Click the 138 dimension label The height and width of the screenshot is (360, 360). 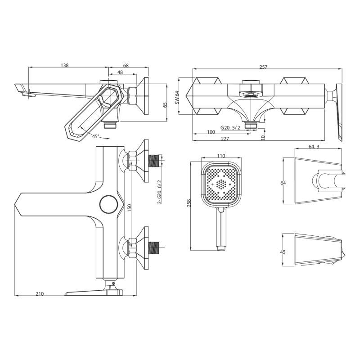coord(65,65)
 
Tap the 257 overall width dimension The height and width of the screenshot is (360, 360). coord(263,67)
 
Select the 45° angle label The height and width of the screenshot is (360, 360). coord(95,136)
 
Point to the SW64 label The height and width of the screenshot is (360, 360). coord(178,95)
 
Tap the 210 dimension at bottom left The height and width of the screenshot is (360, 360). coord(40,294)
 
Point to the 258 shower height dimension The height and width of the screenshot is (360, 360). coord(189,203)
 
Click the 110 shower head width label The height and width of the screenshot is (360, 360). coord(220,156)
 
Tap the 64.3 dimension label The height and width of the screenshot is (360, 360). coord(315,146)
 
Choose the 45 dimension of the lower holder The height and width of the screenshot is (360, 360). coord(283,252)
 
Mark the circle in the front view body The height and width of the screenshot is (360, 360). coord(109,204)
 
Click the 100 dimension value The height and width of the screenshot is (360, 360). coord(211,132)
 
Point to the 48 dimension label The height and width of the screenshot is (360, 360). coord(120,72)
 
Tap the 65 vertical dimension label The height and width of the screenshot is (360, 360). coord(165,104)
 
